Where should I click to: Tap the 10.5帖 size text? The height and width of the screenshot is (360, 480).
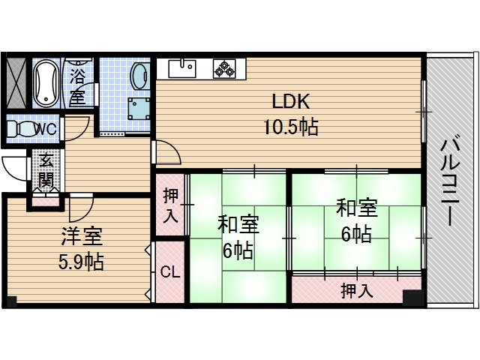[290, 127]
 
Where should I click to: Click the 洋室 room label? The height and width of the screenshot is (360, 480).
[82, 238]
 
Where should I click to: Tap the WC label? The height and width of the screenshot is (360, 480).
[46, 129]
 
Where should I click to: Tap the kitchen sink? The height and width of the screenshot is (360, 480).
[182, 69]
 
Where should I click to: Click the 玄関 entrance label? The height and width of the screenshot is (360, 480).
[46, 170]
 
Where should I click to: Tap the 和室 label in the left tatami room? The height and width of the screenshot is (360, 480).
[238, 224]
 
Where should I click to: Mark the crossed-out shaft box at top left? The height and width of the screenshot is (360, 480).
[14, 82]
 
